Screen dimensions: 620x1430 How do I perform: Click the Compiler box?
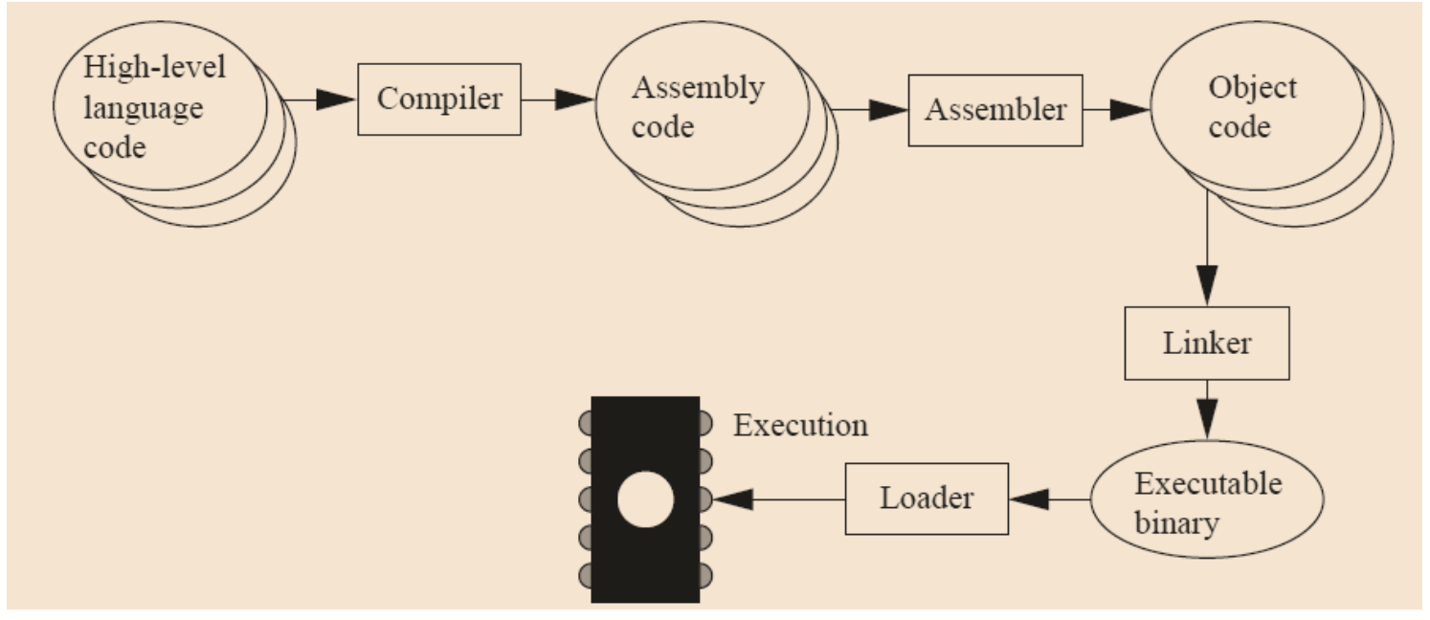pyautogui.click(x=439, y=100)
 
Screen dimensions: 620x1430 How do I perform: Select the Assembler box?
pyautogui.click(x=995, y=110)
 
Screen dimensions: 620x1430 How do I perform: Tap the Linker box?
pyautogui.click(x=1206, y=343)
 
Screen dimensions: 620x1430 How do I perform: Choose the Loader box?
pyautogui.click(x=926, y=498)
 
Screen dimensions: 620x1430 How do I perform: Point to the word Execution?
pyautogui.click(x=800, y=425)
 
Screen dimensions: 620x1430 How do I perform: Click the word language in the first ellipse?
pyautogui.click(x=143, y=109)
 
